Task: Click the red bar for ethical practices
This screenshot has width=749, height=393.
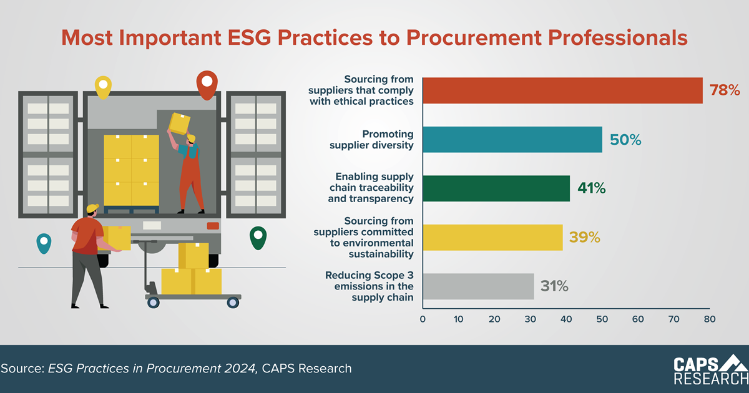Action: point(563,90)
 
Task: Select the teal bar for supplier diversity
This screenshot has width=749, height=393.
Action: point(512,140)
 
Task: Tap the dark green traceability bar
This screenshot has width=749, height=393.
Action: point(496,188)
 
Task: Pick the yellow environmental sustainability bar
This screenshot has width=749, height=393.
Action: point(493,238)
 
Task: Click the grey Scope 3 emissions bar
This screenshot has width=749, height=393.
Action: point(479,286)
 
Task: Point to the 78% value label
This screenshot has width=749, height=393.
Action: point(725,90)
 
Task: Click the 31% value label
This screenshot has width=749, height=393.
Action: point(554,286)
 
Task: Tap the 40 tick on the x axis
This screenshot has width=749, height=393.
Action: point(566,319)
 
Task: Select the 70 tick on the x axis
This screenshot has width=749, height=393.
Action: point(673,319)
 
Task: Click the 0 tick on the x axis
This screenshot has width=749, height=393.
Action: point(423,319)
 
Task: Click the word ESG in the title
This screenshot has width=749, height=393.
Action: point(249,37)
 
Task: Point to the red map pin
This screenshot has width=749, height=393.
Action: point(207,85)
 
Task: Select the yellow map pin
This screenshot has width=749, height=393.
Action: point(103,87)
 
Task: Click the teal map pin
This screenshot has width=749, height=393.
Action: point(44,243)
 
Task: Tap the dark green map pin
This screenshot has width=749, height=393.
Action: point(258,238)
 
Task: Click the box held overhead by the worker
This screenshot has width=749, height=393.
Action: point(180,124)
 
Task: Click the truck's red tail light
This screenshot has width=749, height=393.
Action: point(213,226)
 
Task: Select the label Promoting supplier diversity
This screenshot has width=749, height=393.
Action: point(371,140)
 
